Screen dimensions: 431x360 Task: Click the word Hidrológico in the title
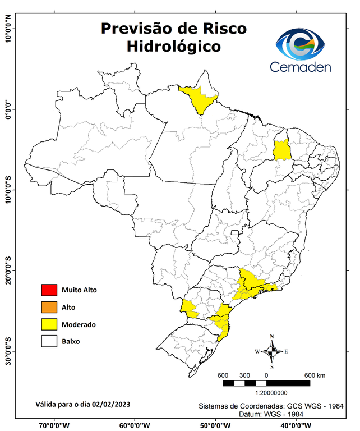click(x=173, y=46)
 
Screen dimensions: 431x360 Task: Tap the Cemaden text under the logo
click(x=301, y=67)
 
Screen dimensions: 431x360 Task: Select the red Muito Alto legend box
click(x=49, y=290)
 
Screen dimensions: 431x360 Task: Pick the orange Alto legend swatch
click(x=49, y=307)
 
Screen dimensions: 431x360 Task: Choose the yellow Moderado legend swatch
click(x=49, y=324)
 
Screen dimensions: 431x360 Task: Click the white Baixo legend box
click(x=49, y=341)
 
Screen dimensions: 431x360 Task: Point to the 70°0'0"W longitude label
click(x=54, y=425)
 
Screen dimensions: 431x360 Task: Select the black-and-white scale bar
click(x=266, y=383)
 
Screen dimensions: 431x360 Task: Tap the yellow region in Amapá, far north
click(x=199, y=99)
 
